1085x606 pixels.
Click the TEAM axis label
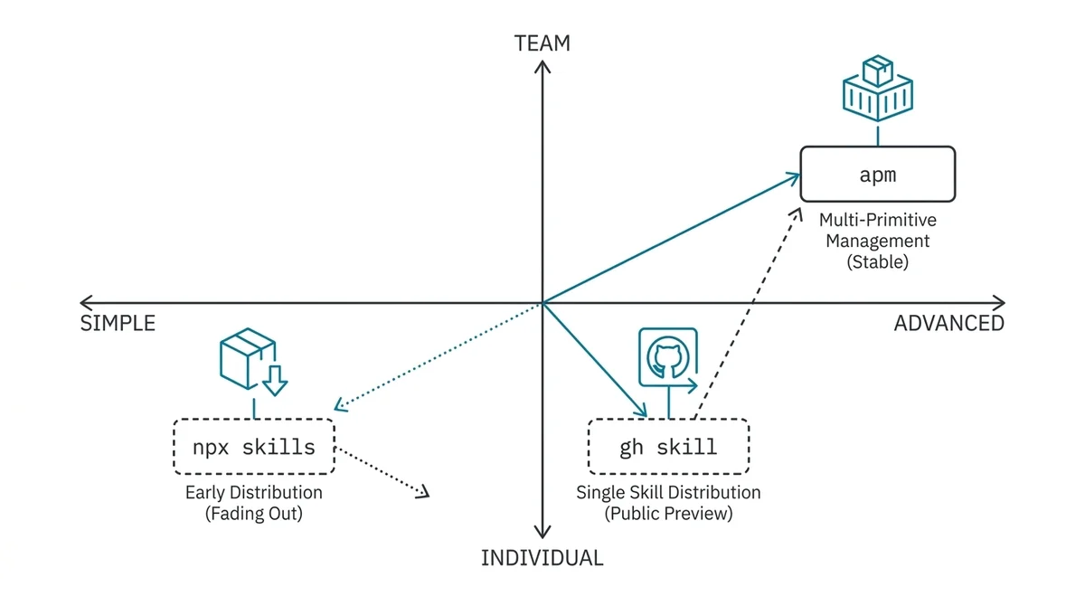click(x=542, y=43)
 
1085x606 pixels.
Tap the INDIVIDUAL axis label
click(x=542, y=558)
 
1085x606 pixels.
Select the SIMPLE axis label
click(x=118, y=323)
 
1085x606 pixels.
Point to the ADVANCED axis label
click(x=948, y=323)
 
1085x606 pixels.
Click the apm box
click(x=877, y=175)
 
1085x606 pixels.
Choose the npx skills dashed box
click(x=253, y=446)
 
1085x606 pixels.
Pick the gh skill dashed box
click(x=668, y=446)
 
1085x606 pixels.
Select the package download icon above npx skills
click(x=252, y=363)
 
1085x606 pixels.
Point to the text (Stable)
click(x=877, y=262)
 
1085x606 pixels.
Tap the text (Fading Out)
click(x=253, y=514)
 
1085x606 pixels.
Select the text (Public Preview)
click(x=668, y=514)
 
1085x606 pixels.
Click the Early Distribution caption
click(x=253, y=493)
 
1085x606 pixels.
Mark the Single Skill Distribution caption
click(x=668, y=493)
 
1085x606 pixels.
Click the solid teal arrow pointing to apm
click(x=669, y=240)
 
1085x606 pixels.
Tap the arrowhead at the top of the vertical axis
click(x=542, y=69)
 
